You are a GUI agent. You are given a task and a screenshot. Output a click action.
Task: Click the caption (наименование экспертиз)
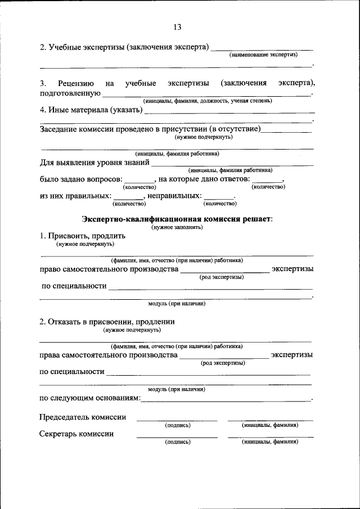tap(263, 55)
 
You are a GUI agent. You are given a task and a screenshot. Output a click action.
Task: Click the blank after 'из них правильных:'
tap(128, 197)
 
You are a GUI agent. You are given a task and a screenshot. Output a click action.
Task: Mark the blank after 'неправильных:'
tap(218, 197)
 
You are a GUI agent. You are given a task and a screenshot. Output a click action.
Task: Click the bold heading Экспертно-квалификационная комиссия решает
tap(177, 219)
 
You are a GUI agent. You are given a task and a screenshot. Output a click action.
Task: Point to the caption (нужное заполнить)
tap(177, 227)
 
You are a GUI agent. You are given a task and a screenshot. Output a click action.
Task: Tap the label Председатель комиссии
tap(82, 417)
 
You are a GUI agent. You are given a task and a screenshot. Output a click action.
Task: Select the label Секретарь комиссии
tap(76, 434)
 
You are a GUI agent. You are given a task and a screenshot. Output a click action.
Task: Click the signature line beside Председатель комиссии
tap(177, 420)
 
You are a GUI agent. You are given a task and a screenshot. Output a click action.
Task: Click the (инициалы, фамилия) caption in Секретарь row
tap(270, 442)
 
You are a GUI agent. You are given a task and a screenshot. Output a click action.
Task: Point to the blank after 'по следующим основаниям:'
tap(225, 399)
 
